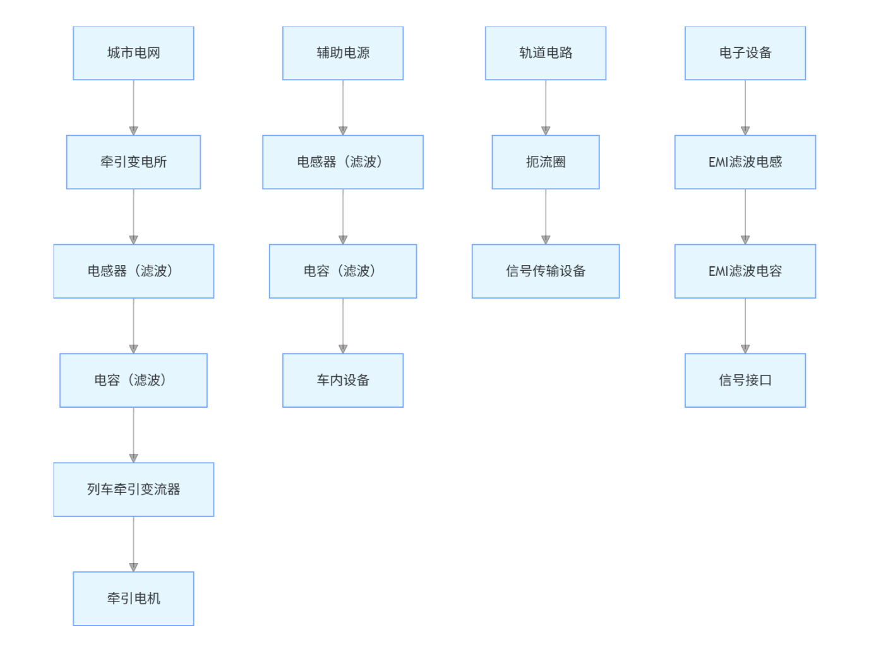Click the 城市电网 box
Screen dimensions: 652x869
tap(133, 53)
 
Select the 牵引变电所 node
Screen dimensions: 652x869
tap(133, 162)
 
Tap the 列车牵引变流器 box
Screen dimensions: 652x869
tap(133, 489)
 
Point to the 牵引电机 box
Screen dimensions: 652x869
tap(133, 598)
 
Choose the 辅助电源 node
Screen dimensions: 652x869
tap(343, 53)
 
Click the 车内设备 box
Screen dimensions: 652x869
tap(343, 380)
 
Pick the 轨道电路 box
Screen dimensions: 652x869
tap(546, 53)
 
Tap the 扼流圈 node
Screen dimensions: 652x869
tap(546, 162)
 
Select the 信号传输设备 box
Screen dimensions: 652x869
tap(546, 271)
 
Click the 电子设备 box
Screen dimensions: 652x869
tap(745, 53)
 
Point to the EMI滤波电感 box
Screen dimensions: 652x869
tap(745, 162)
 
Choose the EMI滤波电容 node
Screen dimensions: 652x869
tap(745, 271)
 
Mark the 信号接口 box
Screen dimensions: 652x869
tap(745, 380)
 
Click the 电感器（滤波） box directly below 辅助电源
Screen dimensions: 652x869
tap(343, 162)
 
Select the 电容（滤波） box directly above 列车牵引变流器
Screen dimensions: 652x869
tap(133, 380)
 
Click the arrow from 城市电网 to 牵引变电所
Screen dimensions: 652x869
tap(133, 107)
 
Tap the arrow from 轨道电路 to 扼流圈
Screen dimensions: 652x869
tap(546, 107)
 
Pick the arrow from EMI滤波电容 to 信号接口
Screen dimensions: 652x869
tap(745, 326)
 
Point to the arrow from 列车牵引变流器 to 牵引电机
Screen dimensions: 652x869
tap(133, 544)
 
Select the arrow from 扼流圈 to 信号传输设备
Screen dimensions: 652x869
tap(546, 216)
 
